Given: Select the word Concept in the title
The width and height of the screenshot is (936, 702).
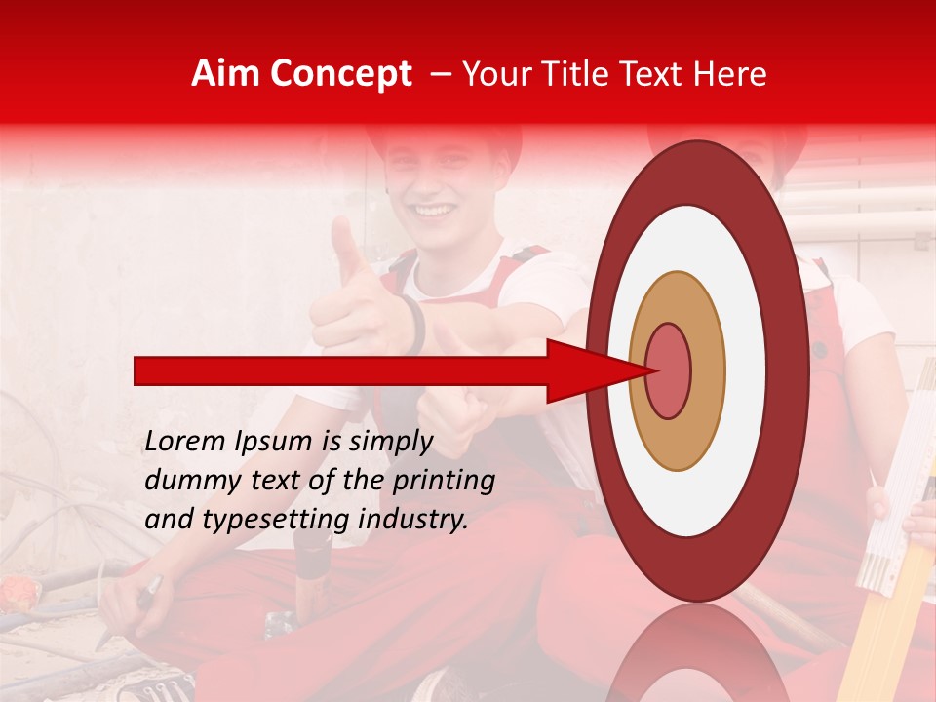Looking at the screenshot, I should (x=340, y=75).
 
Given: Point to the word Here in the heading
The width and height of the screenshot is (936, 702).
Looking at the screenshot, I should (x=731, y=74).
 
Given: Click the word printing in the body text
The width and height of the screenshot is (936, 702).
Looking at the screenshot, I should (x=444, y=482).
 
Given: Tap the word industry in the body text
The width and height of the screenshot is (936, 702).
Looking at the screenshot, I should (x=413, y=520).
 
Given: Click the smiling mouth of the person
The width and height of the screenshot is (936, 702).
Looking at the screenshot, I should (x=435, y=210).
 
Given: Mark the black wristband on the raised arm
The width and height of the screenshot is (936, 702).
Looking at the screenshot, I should (x=417, y=325).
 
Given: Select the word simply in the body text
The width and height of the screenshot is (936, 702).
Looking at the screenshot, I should (x=390, y=443).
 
